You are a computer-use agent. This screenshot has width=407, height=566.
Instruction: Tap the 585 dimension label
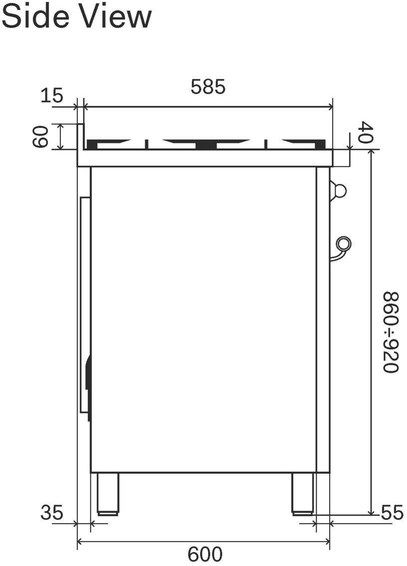208,87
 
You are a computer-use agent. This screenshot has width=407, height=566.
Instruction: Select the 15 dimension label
52,96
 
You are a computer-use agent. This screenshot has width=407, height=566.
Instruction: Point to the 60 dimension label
40,137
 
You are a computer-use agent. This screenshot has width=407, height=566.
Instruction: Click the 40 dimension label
366,133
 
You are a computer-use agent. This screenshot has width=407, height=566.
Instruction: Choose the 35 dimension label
52,513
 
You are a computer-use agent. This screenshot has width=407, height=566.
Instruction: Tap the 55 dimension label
392,513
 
